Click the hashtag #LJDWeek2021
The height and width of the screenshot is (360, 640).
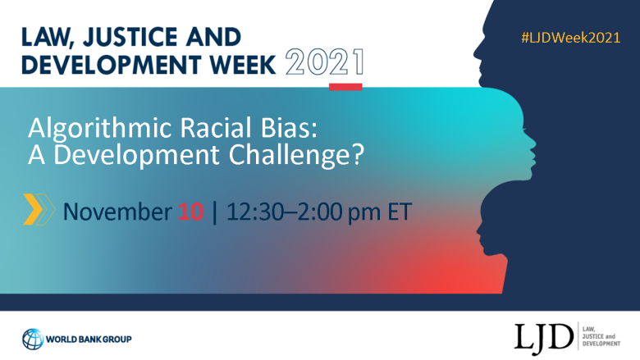click(x=570, y=38)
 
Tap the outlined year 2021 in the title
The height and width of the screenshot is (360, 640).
click(x=324, y=62)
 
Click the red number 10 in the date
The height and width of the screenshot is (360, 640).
click(x=190, y=212)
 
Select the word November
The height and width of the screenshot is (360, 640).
click(x=117, y=212)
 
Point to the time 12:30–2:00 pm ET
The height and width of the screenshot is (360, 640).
click(x=319, y=212)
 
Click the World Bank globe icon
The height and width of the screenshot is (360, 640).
click(x=33, y=339)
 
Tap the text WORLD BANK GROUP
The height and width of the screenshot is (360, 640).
click(x=89, y=339)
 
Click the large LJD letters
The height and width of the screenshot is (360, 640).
click(x=544, y=338)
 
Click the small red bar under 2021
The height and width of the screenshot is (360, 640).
click(x=345, y=87)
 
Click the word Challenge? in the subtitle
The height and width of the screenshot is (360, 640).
click(x=296, y=155)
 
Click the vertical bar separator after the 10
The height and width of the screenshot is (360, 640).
click(x=215, y=212)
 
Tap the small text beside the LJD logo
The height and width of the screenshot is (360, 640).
click(x=601, y=336)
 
